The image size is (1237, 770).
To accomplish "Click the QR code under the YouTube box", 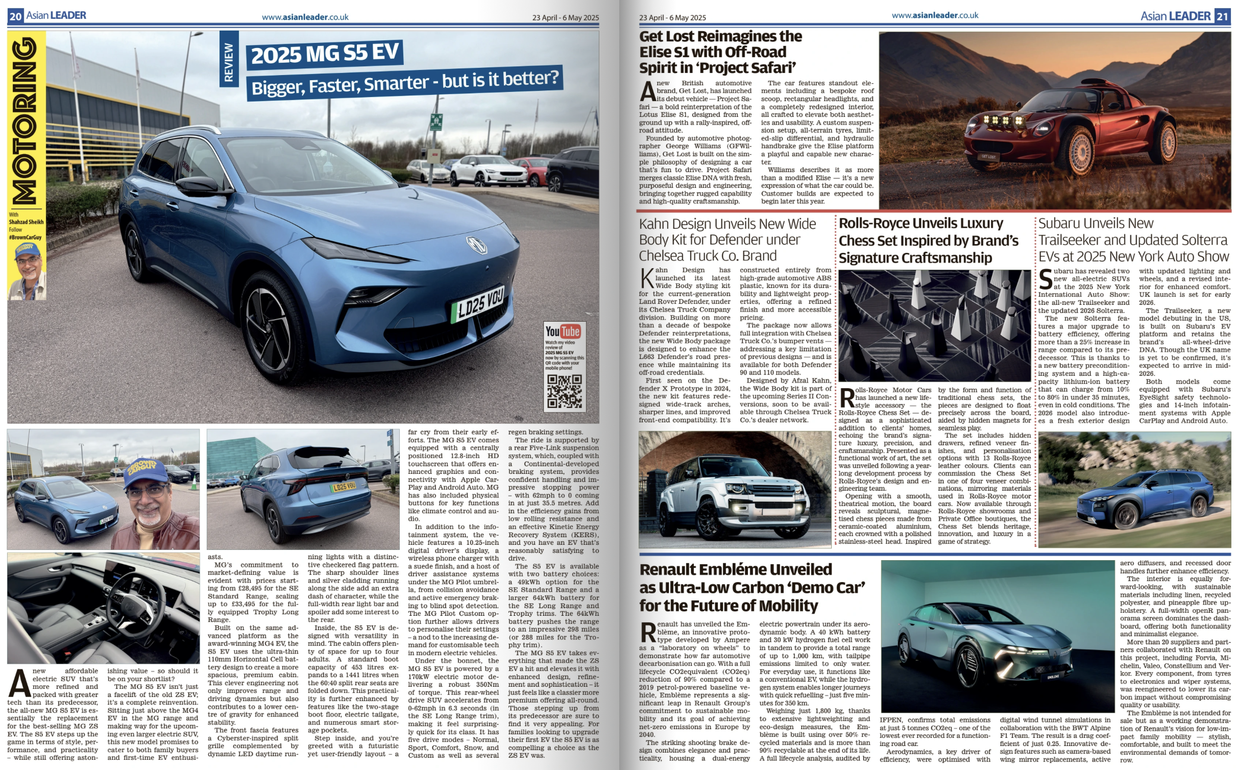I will point(564,391).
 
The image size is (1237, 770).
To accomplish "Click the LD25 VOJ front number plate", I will point(478,304).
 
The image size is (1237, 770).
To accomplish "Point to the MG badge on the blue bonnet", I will point(476,245).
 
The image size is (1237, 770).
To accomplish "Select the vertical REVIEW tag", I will point(229,62).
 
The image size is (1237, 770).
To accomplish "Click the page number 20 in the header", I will point(15,16).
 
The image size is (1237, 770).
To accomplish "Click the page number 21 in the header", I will point(1222,16).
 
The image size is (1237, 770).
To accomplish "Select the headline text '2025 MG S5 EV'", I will point(325,54).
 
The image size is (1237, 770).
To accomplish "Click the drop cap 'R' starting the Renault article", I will point(648,633).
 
